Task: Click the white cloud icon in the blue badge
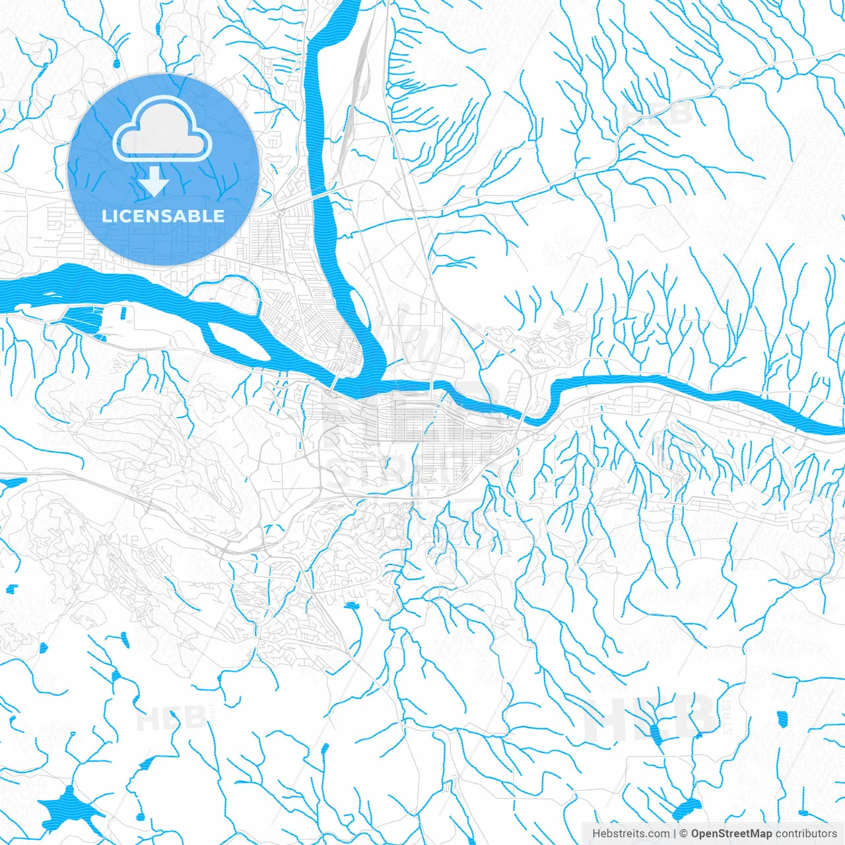tap(162, 129)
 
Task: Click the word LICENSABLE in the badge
tap(163, 216)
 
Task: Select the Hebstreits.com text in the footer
tap(630, 834)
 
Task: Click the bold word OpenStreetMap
tap(731, 834)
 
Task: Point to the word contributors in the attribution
tap(806, 834)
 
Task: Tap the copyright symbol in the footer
tap(685, 834)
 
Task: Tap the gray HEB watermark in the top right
tap(658, 112)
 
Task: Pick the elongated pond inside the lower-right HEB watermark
tap(655, 732)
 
